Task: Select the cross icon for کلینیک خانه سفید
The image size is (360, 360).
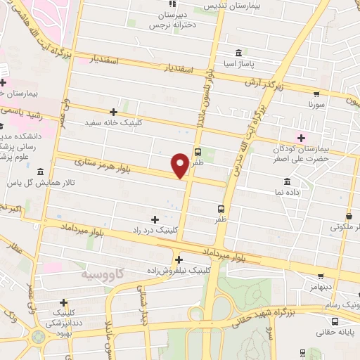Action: pos(113,112)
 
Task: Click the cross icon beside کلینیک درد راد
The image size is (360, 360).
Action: pos(155,219)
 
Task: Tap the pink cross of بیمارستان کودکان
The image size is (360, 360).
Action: pos(302,137)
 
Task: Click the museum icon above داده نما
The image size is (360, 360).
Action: pos(287,181)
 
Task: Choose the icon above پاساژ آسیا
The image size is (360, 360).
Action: pos(239,53)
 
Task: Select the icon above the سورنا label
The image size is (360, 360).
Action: pos(318,92)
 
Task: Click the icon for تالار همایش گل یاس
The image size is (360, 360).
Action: pos(40,172)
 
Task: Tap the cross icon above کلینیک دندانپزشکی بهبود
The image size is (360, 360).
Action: pos(63,302)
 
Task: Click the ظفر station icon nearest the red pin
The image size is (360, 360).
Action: pos(197,151)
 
